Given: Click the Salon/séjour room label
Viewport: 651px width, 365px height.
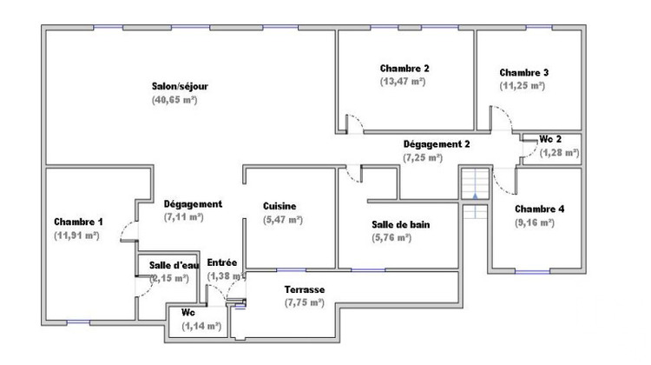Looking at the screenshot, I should tap(181, 86).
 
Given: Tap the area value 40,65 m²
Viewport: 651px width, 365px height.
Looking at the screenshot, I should tap(174, 100).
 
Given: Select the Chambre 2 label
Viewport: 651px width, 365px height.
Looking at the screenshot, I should tap(404, 68).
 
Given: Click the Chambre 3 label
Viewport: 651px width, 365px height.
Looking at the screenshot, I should tap(523, 72).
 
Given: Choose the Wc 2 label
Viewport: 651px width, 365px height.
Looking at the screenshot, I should tap(550, 139).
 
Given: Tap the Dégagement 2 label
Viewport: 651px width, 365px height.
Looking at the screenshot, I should tap(437, 143).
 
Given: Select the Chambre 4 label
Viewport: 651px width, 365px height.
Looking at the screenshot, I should tap(539, 209).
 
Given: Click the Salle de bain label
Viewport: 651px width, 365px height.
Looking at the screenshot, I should tap(400, 223).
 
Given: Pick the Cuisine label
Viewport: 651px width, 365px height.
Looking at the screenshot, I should tap(279, 206).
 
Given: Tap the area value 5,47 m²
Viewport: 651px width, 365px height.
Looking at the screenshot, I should tap(282, 220).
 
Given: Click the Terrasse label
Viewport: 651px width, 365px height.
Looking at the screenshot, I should tap(304, 289).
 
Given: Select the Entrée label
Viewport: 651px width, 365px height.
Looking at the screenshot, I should tap(222, 262).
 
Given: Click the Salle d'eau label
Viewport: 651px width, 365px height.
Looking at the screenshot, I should tap(174, 265).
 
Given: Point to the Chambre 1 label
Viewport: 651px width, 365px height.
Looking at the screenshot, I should tap(78, 221).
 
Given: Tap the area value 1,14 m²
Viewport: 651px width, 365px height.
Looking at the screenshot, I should tap(201, 327).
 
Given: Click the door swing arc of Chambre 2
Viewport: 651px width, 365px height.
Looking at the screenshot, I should tap(354, 122).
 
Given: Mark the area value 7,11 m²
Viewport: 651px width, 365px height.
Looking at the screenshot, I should tap(183, 217).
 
